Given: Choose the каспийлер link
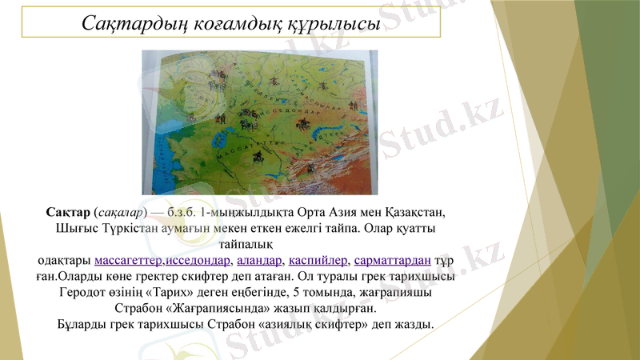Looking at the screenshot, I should point(318,261).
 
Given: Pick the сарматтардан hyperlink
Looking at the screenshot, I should point(393,261).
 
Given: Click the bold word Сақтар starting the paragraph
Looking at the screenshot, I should point(68,213).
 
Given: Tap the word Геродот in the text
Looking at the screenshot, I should point(86,293).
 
